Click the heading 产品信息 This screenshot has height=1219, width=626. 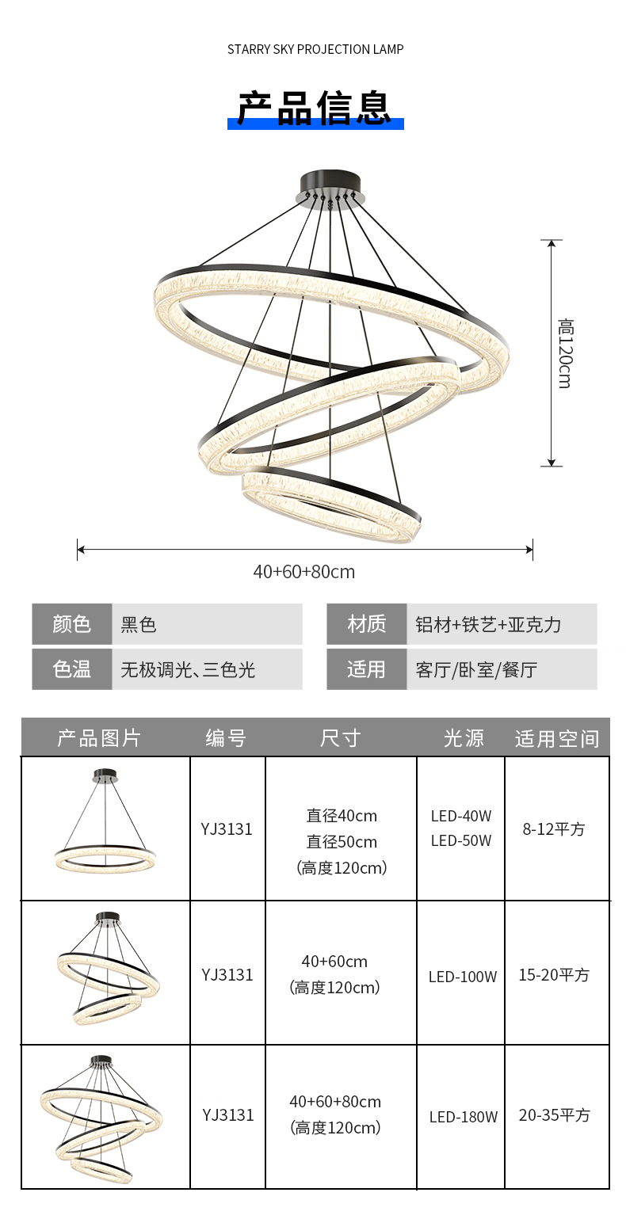coord(315,109)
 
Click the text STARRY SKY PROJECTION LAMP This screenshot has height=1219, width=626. coord(315,49)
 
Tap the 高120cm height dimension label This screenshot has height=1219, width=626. coord(565,353)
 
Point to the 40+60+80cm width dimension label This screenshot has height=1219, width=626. coord(304,571)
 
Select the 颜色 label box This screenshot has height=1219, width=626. coord(72,624)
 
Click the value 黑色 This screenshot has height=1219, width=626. coord(139,624)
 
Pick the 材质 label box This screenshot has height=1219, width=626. coord(366,624)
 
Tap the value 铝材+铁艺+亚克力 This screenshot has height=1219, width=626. coord(488,624)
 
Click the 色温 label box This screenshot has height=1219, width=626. coord(72,669)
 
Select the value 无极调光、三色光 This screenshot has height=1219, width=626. coord(188,669)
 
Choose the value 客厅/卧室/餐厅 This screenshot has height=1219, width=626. coord(476,669)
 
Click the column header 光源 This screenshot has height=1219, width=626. coord(464,738)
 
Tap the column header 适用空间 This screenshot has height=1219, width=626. coord(557,738)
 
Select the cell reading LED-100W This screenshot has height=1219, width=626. coord(463,977)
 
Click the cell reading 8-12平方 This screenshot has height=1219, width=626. coord(554,829)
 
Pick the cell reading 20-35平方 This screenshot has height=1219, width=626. coord(555,1115)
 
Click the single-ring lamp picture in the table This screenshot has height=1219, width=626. coord(105,828)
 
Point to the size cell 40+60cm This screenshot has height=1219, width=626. coord(334,962)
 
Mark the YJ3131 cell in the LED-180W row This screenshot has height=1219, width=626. coord(228,1115)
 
